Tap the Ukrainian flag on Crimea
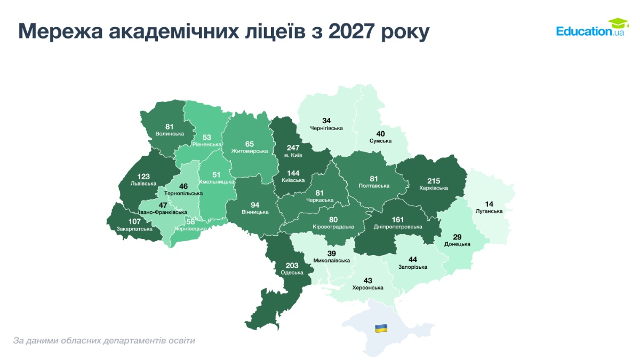point(381,328)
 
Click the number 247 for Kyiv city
point(293,147)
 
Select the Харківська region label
point(433,188)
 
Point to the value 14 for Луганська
point(489,204)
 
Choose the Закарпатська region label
point(134,229)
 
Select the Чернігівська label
point(326,128)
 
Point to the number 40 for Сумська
point(380,133)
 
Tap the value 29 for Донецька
point(457,236)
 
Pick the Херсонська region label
point(368,287)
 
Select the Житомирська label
point(249,151)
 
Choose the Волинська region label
point(170,134)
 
